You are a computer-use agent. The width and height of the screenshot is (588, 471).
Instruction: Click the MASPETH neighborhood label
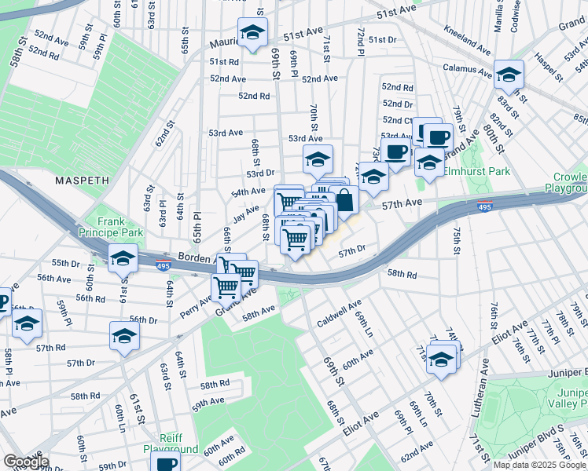click(x=82, y=181)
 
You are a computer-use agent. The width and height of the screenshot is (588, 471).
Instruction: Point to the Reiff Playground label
click(x=171, y=444)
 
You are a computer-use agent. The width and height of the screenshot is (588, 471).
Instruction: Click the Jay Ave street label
click(x=246, y=213)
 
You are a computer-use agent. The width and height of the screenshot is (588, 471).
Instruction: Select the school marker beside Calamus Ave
click(x=509, y=75)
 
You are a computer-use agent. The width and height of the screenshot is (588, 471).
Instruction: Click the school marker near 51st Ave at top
click(x=252, y=32)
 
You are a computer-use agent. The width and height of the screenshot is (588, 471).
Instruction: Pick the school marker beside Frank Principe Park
click(x=123, y=259)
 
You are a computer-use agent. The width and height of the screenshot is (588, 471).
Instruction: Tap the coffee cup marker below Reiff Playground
click(x=167, y=463)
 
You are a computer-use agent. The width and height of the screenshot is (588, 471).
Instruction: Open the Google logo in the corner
click(x=25, y=462)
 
